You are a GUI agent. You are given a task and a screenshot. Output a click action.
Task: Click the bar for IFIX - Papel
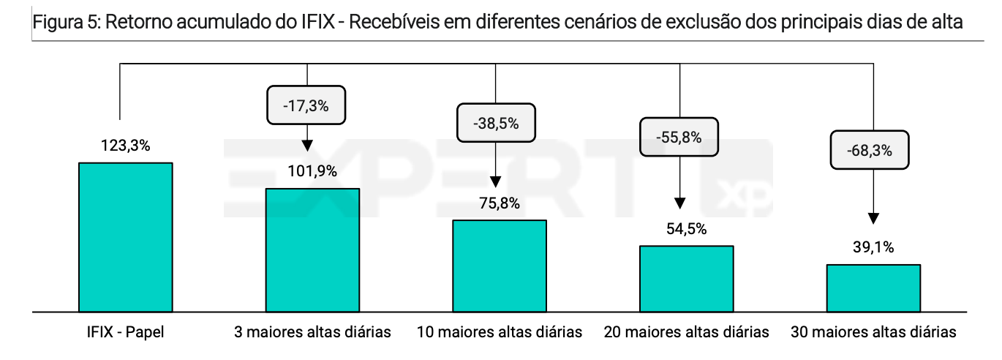click(126, 237)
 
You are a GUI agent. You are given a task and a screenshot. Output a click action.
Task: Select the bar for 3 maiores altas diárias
click(313, 250)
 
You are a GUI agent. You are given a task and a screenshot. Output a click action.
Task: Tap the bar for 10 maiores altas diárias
click(500, 266)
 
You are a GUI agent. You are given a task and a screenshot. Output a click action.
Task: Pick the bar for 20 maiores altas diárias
click(687, 279)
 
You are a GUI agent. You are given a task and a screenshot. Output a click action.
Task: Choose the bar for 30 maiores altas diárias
click(873, 288)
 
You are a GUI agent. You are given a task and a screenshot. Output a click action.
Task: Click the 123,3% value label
click(126, 146)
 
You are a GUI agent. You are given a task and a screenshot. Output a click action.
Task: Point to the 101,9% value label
click(312, 171)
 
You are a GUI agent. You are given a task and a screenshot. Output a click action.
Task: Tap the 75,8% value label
click(500, 203)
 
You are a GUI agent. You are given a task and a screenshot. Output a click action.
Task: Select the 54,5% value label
click(687, 229)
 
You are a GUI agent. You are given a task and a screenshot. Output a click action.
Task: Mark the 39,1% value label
click(873, 247)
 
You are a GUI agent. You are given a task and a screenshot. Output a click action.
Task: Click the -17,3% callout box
click(306, 105)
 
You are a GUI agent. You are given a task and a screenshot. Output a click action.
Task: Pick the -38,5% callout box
click(496, 123)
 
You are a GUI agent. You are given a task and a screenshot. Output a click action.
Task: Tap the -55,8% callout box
click(679, 137)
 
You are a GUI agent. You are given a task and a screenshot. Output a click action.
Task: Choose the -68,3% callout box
click(870, 150)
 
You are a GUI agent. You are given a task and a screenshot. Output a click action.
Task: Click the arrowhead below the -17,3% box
click(307, 146)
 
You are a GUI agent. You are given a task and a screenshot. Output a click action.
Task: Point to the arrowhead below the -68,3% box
click(873, 219)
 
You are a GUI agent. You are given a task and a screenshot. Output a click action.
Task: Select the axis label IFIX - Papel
click(126, 332)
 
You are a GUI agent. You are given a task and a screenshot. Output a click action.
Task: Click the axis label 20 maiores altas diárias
click(687, 332)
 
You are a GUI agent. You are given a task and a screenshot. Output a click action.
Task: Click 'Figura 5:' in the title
click(67, 22)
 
